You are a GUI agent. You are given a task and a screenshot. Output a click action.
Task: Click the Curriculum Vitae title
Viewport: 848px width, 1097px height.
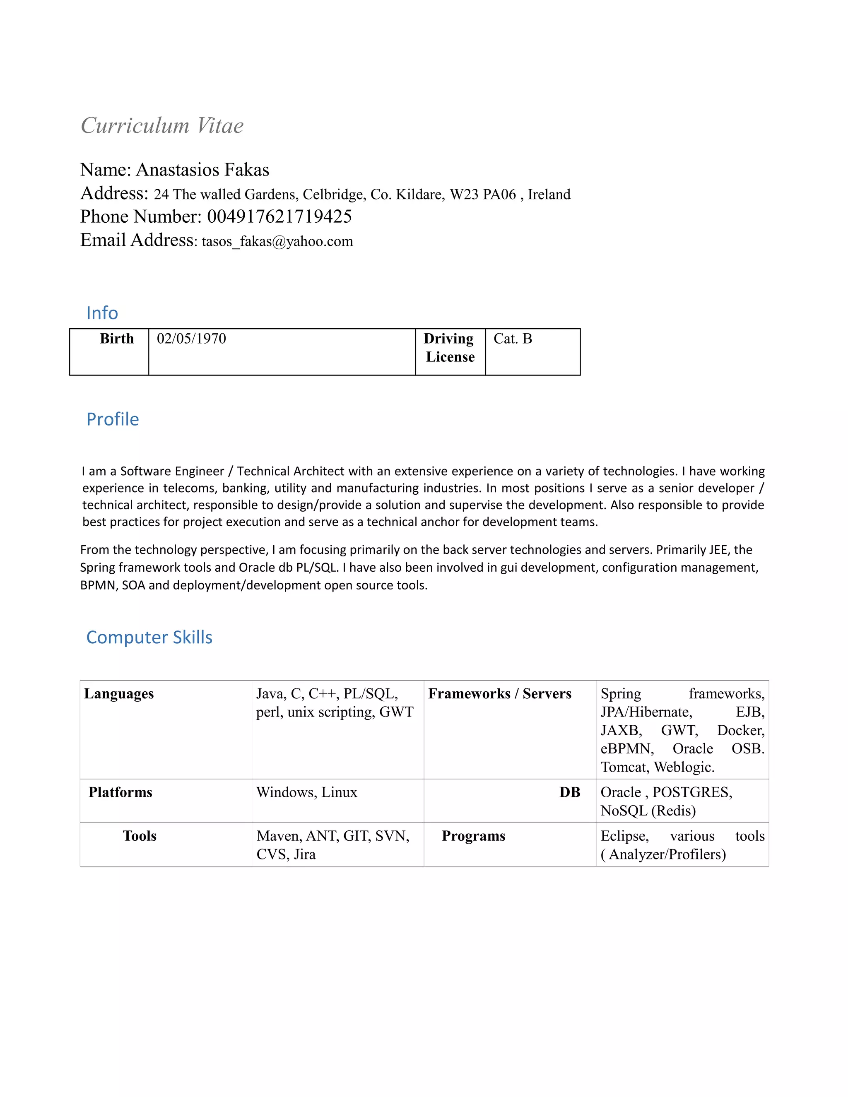point(162,125)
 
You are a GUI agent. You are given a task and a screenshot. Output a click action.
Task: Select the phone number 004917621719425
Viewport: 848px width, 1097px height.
point(279,217)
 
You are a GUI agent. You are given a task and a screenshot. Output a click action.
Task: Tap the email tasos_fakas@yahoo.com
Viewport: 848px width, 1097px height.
point(277,242)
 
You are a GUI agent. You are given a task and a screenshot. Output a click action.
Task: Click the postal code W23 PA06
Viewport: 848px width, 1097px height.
point(483,195)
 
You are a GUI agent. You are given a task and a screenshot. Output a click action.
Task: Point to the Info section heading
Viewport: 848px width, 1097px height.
point(102,313)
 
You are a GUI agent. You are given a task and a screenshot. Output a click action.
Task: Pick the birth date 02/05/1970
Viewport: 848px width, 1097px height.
point(191,339)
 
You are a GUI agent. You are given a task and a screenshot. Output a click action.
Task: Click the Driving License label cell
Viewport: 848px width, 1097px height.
point(450,348)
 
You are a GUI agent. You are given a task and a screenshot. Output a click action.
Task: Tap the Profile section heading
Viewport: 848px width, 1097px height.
point(113,419)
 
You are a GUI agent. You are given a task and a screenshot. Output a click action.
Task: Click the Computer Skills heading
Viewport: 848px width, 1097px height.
point(149,638)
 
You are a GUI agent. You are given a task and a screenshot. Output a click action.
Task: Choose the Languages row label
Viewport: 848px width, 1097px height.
point(119,694)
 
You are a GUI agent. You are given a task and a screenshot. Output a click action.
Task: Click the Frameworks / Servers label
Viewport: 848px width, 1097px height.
point(500,694)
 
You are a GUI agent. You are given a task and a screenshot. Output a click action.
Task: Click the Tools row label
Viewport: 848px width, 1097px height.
point(140,836)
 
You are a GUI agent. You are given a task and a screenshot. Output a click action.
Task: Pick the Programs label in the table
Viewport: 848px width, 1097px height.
point(473,836)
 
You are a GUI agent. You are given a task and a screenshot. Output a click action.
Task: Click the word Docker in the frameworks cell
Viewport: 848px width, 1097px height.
point(740,730)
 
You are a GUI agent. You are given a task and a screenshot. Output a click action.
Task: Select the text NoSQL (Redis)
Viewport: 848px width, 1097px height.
point(648,811)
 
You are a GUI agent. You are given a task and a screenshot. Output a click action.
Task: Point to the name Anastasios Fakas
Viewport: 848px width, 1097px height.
point(202,170)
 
